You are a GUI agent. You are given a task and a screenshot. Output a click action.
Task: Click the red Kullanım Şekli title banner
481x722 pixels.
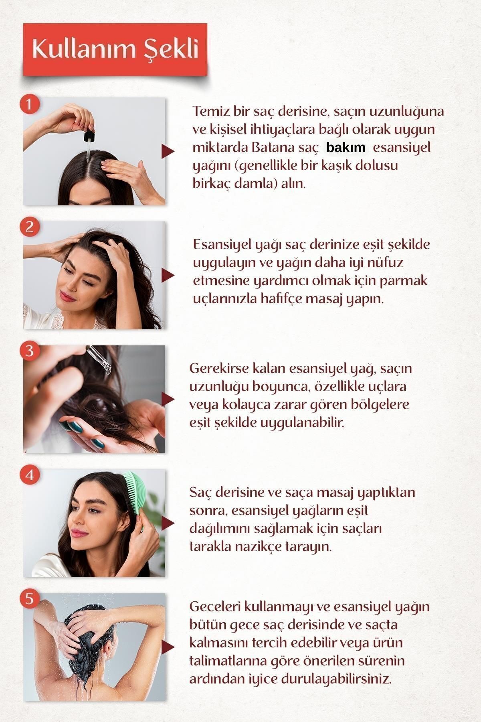(x=115, y=49)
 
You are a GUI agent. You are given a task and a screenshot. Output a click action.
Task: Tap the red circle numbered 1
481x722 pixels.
(x=29, y=104)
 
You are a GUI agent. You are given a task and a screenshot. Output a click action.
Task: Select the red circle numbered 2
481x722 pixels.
(x=29, y=227)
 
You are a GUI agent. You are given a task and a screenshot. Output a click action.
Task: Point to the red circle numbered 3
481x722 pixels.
(x=29, y=351)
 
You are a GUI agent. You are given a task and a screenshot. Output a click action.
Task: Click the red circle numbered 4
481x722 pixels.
(x=29, y=475)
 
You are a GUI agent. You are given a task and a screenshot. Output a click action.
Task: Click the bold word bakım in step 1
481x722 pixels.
(x=346, y=148)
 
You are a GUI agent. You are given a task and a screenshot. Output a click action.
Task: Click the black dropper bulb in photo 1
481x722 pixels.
(x=89, y=136)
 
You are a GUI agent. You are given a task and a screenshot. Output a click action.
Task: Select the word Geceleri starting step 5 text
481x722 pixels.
(x=215, y=606)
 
